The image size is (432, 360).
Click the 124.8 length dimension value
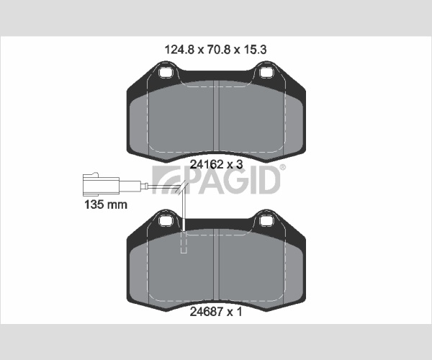click(179, 50)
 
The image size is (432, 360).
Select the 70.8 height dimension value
click(218, 50)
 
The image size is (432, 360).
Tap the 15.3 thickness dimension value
click(255, 50)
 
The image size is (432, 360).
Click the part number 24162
click(207, 164)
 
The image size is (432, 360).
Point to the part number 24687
click(207, 312)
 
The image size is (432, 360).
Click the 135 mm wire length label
click(106, 204)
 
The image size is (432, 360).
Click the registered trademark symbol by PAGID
click(283, 167)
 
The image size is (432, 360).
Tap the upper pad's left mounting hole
click(166, 73)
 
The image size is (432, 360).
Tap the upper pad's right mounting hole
click(266, 73)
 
